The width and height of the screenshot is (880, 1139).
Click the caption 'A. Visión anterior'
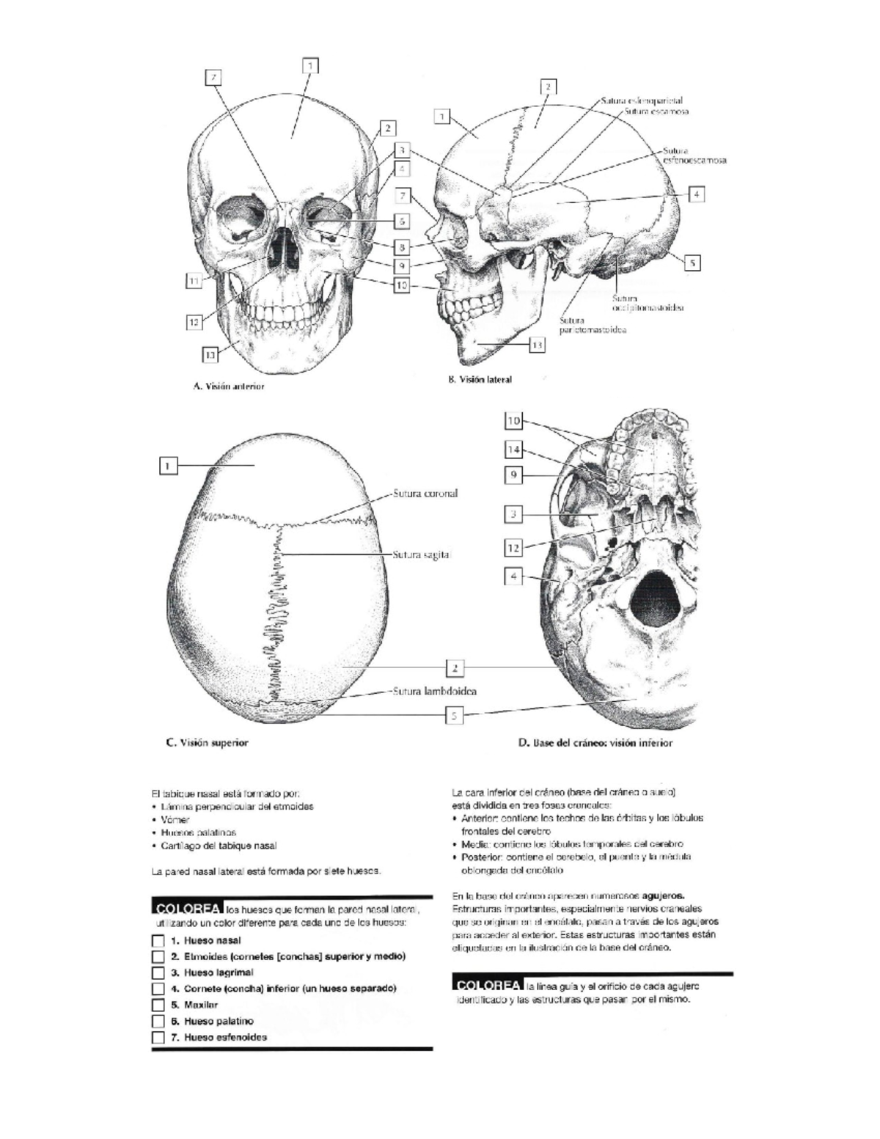(228, 386)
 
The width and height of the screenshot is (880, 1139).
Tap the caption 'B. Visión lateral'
(480, 379)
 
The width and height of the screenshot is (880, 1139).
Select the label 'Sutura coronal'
(425, 494)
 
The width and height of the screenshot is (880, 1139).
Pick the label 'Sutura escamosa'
(656, 112)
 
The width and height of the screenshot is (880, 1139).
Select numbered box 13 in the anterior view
(210, 355)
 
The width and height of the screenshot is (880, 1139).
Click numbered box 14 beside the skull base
(513, 449)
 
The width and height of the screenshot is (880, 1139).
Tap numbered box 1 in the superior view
(168, 465)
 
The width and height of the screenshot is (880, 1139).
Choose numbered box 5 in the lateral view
(692, 263)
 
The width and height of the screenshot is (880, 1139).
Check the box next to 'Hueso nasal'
(158, 940)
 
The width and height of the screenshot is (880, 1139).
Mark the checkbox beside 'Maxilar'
(158, 1005)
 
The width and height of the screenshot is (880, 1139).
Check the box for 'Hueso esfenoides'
(158, 1037)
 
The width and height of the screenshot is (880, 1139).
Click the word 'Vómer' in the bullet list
(175, 819)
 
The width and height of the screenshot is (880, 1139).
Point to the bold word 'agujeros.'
(664, 896)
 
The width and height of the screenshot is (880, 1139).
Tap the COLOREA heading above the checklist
(187, 908)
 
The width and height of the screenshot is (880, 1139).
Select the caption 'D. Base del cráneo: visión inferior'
(595, 742)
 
